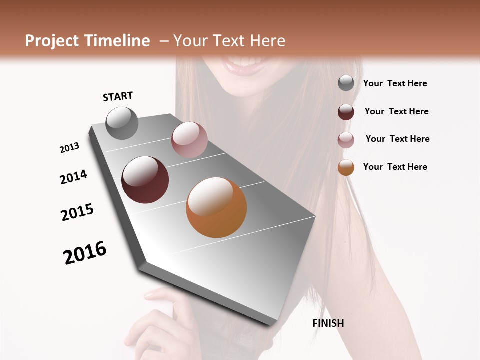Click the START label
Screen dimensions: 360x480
118,96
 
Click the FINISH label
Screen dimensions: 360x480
328,323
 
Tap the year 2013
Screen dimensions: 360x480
69,148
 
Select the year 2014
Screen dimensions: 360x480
73,177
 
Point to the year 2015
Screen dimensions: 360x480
77,212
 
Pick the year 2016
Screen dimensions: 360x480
85,253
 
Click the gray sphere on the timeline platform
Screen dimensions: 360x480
122,123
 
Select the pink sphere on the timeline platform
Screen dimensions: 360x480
189,140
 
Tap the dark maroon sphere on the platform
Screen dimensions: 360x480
145,180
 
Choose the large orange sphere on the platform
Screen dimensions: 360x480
216,207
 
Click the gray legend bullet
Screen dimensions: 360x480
346,83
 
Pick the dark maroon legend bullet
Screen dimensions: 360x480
346,112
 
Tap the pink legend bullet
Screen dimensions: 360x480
346,140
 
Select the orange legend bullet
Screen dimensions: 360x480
346,167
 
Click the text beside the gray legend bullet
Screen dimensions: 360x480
395,83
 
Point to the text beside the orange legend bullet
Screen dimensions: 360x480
395,167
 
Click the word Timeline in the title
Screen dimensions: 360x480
118,41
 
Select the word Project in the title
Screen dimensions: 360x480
51,41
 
